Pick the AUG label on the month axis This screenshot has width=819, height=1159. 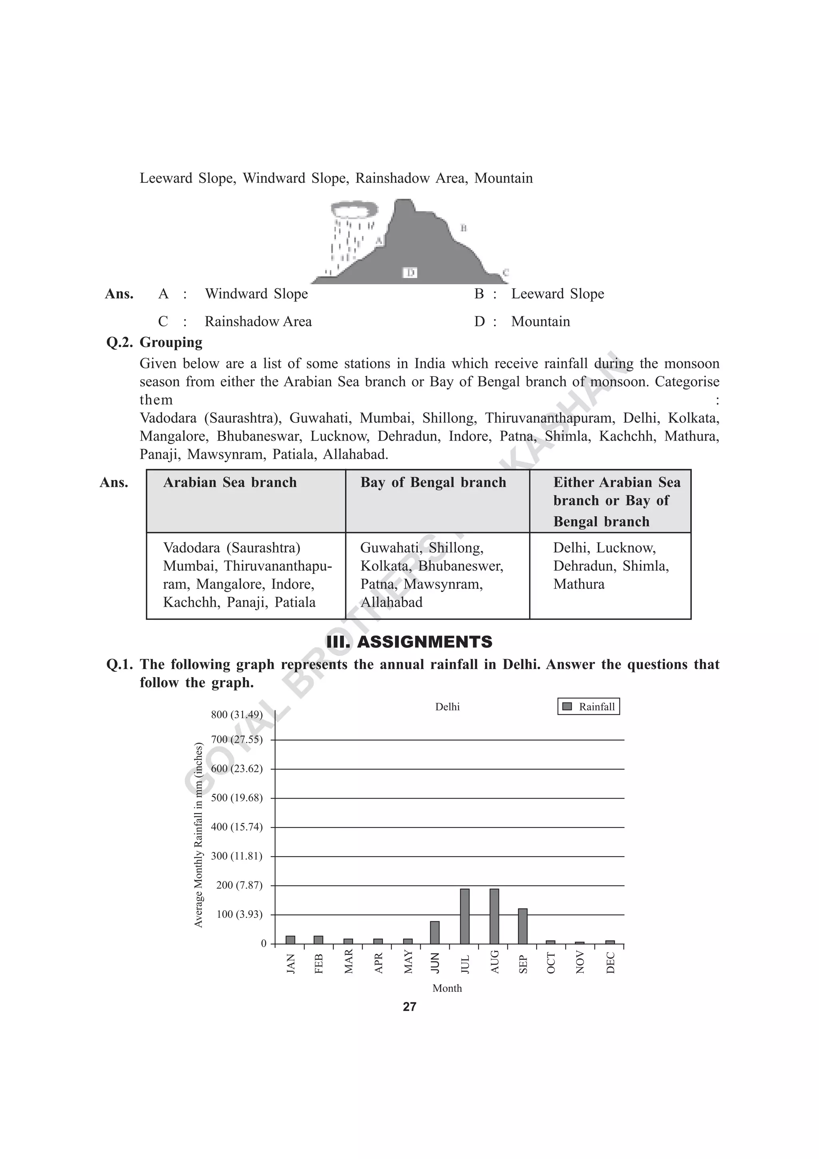495,962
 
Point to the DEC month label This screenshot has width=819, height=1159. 610,963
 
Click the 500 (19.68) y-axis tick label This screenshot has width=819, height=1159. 237,798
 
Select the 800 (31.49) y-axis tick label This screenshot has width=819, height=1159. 237,715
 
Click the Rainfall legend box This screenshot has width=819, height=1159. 588,707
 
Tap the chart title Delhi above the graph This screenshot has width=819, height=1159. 447,707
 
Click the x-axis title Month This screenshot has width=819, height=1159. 447,988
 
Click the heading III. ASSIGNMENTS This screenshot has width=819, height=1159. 409,642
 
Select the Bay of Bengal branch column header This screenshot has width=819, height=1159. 433,483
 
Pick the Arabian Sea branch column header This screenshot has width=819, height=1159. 230,483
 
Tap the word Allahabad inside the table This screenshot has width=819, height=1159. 392,602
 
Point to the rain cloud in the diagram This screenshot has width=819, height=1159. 354,208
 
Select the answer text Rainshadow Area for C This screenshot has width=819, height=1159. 258,322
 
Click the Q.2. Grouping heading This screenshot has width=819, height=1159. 154,342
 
